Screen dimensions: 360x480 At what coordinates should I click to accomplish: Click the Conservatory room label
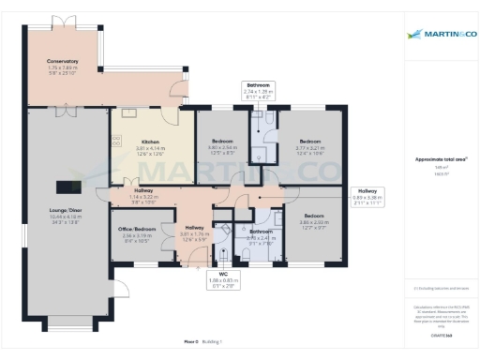(x=63, y=62)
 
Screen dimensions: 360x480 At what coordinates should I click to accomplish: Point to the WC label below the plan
(x=222, y=275)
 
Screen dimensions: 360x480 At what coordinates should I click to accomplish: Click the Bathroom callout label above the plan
(x=259, y=84)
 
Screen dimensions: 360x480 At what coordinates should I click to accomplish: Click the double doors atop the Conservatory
(x=64, y=19)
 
